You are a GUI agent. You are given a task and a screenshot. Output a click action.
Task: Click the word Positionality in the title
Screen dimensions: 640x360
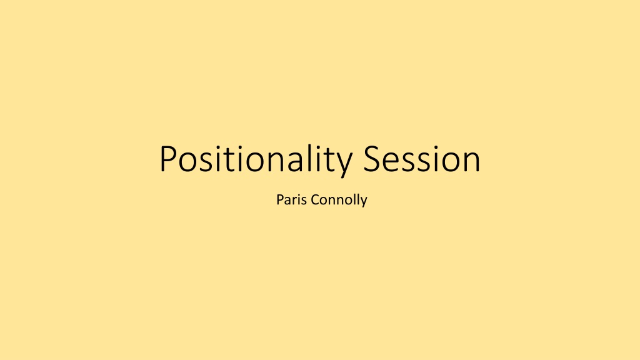(x=256, y=159)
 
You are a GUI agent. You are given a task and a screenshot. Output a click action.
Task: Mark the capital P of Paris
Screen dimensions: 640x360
(x=280, y=200)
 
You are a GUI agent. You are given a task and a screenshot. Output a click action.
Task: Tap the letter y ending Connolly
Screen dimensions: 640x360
(x=363, y=202)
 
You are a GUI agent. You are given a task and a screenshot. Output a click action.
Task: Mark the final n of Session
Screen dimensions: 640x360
(x=472, y=162)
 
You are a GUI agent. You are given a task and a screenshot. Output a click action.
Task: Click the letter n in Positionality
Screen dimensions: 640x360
(x=276, y=162)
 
